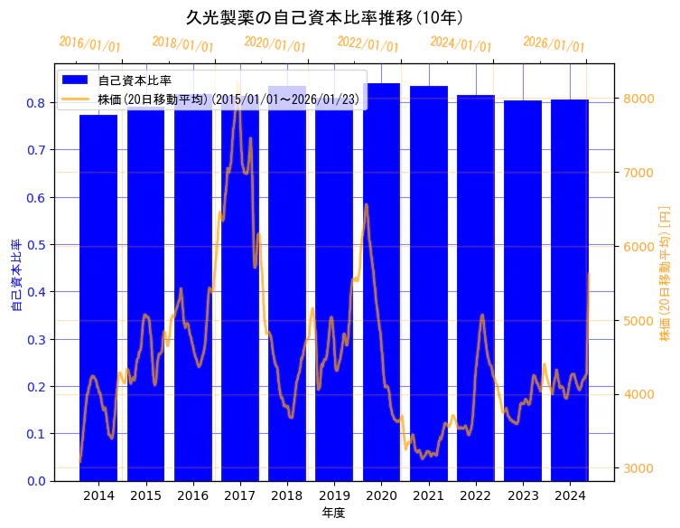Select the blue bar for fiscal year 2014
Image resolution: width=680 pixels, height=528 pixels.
98,298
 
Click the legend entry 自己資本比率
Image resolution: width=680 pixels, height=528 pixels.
135,80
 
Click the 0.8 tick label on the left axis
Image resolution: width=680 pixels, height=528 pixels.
37,103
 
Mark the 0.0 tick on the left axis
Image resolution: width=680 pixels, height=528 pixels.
37,481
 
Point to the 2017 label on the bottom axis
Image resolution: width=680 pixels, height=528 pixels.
240,496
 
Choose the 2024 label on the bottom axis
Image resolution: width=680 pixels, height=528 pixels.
570,496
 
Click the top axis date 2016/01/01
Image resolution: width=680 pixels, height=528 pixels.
89,44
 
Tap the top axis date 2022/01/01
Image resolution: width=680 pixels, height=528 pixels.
368,44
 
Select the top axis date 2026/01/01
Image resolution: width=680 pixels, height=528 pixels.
554,44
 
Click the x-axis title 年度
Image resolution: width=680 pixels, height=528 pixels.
333,514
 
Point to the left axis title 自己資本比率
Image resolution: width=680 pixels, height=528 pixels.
15,276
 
